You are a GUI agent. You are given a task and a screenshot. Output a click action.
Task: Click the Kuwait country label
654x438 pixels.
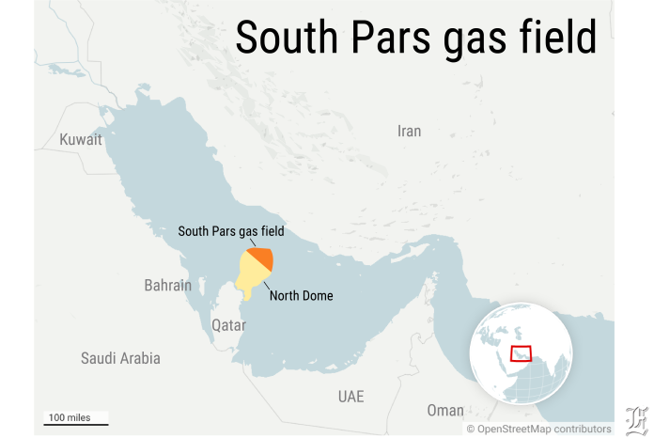pyautogui.click(x=81, y=139)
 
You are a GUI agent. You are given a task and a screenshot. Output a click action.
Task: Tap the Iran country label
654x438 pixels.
pyautogui.click(x=410, y=132)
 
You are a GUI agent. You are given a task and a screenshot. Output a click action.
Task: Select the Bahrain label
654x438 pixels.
pyautogui.click(x=167, y=285)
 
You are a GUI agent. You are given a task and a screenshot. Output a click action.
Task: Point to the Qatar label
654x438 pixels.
pyautogui.click(x=228, y=325)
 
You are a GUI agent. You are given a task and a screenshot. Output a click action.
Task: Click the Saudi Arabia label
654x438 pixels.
pyautogui.click(x=120, y=358)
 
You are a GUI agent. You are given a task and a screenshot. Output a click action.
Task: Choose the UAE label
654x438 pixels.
pyautogui.click(x=350, y=397)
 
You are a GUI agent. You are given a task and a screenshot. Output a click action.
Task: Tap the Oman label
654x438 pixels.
pyautogui.click(x=445, y=411)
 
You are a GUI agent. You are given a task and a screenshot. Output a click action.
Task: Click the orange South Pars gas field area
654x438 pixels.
pyautogui.click(x=262, y=258)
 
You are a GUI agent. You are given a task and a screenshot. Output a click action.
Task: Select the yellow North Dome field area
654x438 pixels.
pyautogui.click(x=250, y=276)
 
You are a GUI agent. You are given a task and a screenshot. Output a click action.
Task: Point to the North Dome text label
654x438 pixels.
pyautogui.click(x=302, y=296)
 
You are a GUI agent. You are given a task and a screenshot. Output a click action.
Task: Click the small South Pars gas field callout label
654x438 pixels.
pyautogui.click(x=231, y=230)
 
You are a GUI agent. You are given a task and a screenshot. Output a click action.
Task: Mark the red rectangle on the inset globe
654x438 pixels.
pyautogui.click(x=521, y=353)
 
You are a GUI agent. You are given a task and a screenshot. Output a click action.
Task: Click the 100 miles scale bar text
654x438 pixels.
pyautogui.click(x=70, y=417)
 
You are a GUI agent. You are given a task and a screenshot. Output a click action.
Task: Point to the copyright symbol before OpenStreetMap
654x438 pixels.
pyautogui.click(x=472, y=429)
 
